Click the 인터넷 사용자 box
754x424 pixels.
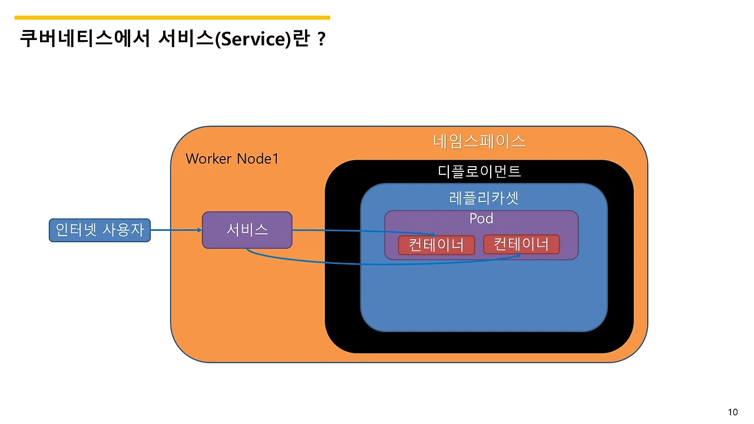[x=100, y=230]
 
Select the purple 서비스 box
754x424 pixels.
[x=247, y=230]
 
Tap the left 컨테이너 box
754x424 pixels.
[x=436, y=245]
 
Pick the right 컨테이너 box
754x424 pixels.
[x=521, y=244]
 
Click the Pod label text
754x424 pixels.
[x=481, y=218]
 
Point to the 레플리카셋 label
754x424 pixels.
[x=484, y=198]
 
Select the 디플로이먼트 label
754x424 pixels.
[x=479, y=171]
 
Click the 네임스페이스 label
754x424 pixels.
[x=479, y=141]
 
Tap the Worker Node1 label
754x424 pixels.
[x=232, y=158]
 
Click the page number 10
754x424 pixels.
[x=733, y=412]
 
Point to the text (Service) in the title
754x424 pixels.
[x=252, y=39]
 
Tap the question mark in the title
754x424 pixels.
[x=321, y=39]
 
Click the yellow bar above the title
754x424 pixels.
[x=172, y=18]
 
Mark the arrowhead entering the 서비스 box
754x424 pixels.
[x=199, y=230]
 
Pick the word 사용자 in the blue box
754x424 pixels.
[x=123, y=230]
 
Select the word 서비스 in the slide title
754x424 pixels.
[x=186, y=39]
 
